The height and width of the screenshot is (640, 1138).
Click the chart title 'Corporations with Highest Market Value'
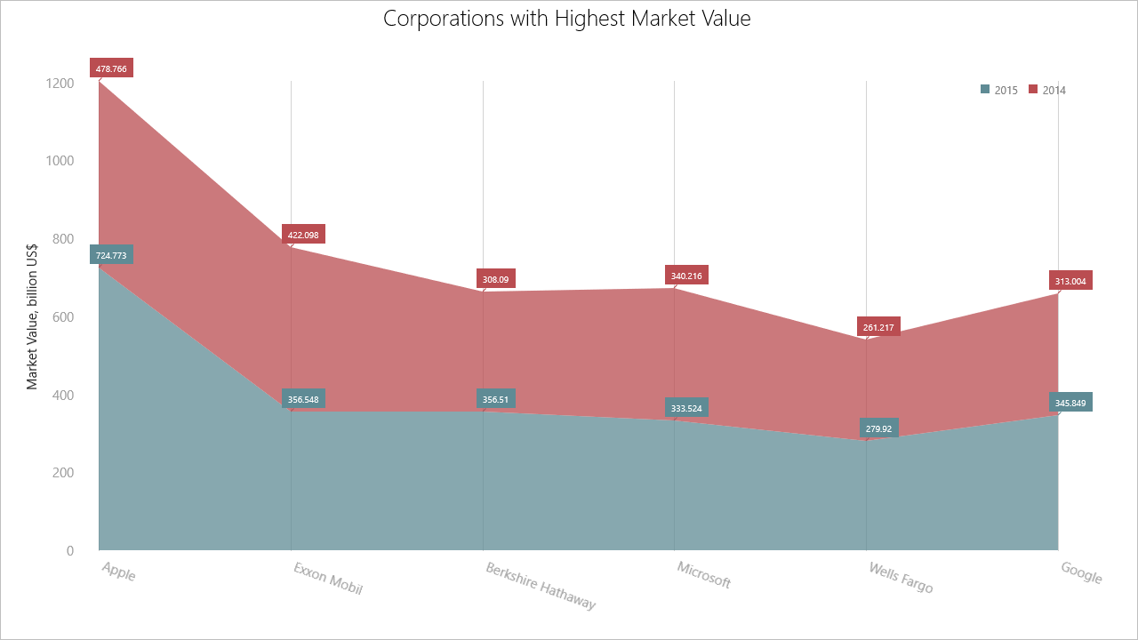[567, 19]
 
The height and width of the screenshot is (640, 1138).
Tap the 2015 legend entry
[999, 90]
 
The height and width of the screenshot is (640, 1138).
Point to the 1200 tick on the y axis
[60, 83]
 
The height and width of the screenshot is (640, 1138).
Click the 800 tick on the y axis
[62, 239]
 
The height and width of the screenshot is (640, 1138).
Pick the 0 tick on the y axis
[69, 551]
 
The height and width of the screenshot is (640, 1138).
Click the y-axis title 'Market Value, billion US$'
[32, 317]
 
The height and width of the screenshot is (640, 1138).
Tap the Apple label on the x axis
[118, 572]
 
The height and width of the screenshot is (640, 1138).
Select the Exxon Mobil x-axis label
[328, 578]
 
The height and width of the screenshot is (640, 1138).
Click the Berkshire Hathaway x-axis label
[541, 586]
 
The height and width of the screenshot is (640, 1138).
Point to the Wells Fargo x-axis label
[901, 578]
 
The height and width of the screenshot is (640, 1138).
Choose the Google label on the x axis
[1081, 573]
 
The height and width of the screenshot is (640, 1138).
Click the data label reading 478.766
[111, 68]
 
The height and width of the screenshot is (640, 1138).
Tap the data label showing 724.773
[111, 255]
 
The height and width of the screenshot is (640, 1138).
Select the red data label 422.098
[303, 235]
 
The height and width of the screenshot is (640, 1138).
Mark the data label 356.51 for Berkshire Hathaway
[495, 399]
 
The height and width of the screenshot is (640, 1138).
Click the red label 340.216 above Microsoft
[686, 276]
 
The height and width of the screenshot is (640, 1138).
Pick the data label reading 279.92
[878, 428]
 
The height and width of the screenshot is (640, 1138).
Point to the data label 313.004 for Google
[1070, 281]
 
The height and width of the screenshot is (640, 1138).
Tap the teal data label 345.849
[1070, 403]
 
